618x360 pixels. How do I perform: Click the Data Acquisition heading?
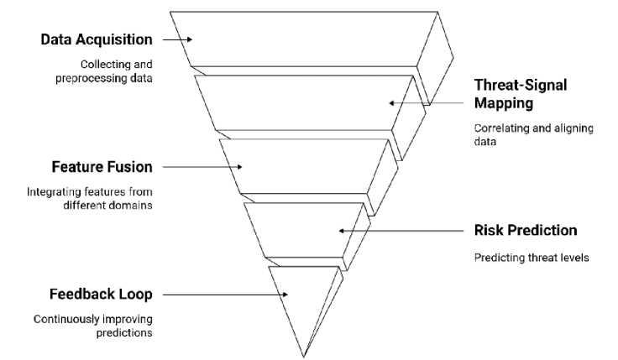98,39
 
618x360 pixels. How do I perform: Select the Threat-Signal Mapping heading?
521,94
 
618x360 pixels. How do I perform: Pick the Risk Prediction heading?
526,230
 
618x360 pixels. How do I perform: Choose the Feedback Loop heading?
101,295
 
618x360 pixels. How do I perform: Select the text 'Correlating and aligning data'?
533,135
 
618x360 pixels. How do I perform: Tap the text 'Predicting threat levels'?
531,258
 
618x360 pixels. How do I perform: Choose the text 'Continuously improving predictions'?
92,326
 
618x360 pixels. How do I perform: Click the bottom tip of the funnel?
303,356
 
